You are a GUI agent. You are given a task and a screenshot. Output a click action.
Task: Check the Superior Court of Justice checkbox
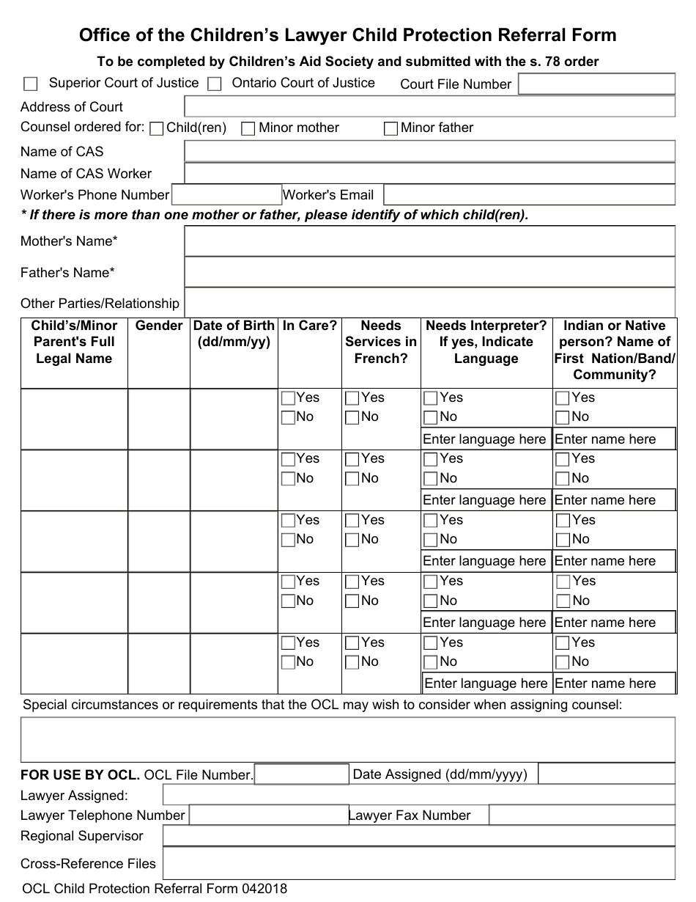coord(31,84)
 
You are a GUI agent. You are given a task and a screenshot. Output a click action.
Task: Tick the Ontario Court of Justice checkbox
coord(214,84)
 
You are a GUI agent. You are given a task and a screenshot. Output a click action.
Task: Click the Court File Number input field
coord(596,84)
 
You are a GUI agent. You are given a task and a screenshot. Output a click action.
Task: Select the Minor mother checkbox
coord(248,129)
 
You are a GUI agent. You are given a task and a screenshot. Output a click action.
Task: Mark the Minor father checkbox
coord(391,129)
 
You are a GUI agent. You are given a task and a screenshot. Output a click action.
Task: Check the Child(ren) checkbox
coord(156,129)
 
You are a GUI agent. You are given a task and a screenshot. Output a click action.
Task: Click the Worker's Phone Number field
coord(226,195)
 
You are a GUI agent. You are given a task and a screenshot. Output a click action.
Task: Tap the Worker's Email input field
coord(529,195)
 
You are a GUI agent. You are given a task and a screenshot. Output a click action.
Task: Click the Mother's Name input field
coord(429,241)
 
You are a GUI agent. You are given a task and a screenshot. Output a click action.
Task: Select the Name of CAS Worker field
coord(429,174)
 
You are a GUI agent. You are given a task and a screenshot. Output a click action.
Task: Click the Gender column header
coord(159,326)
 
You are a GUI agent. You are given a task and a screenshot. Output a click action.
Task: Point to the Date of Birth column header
coord(234,334)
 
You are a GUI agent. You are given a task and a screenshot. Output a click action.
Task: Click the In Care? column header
coord(309,326)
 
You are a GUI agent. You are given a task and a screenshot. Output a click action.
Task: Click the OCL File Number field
coord(301,774)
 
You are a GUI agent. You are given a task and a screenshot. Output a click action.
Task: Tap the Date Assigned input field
coord(606,774)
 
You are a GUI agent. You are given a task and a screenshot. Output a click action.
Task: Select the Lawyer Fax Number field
coord(582,815)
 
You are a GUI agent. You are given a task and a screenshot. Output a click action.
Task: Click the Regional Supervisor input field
coord(418,836)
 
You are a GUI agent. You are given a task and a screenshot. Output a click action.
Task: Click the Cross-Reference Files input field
coord(418,863)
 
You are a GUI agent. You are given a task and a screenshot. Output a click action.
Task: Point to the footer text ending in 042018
coord(155,889)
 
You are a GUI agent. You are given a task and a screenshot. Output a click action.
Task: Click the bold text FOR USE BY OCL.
coord(80,775)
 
